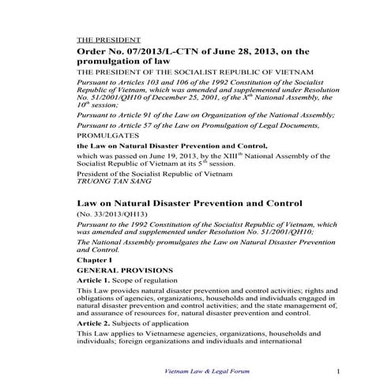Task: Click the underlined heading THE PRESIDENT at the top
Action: (x=108, y=39)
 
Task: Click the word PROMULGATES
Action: (x=107, y=135)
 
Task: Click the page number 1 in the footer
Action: (x=336, y=371)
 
